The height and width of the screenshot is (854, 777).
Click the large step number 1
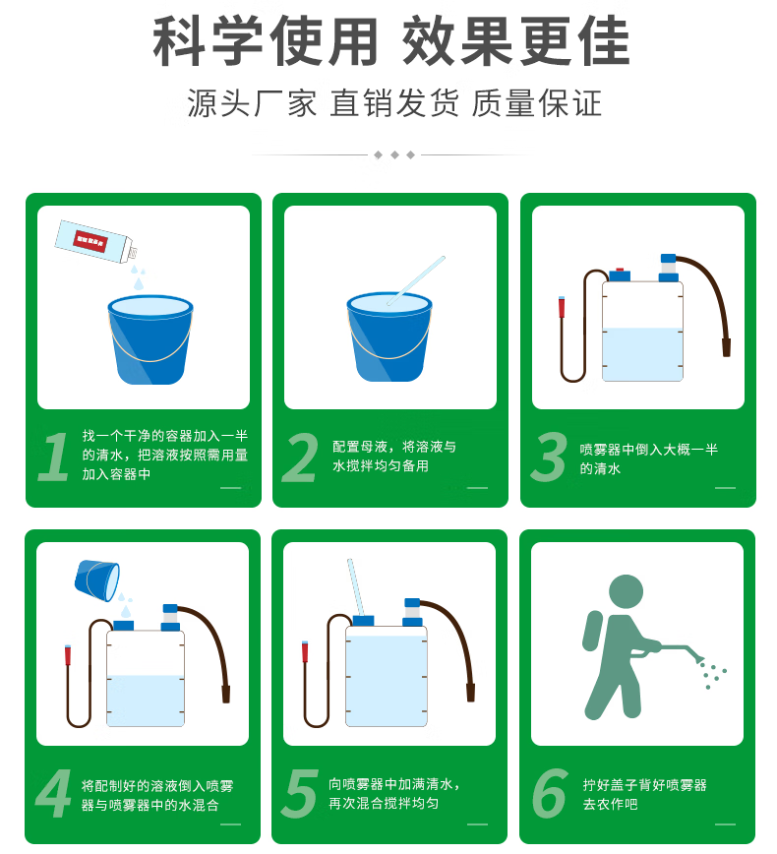click(54, 457)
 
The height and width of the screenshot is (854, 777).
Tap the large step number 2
click(300, 457)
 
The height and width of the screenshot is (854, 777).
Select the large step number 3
click(549, 457)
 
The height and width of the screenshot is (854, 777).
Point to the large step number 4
click(53, 793)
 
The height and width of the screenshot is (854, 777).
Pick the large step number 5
click(300, 793)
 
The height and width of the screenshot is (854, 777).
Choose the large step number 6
click(550, 793)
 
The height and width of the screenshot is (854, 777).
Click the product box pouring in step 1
click(95, 242)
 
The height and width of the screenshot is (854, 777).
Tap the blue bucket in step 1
click(149, 339)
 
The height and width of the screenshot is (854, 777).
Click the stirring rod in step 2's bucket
click(416, 280)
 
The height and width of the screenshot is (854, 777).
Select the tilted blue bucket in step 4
click(97, 580)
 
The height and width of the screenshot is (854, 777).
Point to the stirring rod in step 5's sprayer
click(356, 587)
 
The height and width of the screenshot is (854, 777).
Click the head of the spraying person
click(626, 592)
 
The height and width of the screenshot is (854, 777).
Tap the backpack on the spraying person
click(592, 631)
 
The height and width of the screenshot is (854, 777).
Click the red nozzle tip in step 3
click(562, 307)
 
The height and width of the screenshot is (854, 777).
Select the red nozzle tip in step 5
click(305, 652)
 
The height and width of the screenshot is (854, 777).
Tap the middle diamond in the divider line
click(394, 155)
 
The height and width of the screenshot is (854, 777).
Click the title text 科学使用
click(266, 41)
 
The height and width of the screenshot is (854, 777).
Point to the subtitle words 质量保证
click(537, 103)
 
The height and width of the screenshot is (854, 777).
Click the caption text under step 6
click(644, 794)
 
